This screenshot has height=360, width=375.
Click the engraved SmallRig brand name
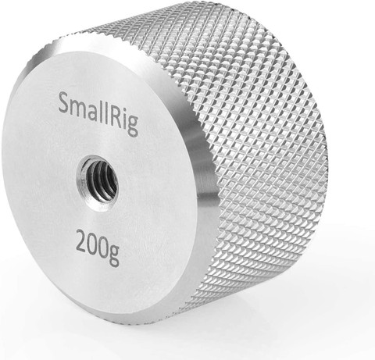(x=98, y=114)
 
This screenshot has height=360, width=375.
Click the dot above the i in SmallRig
(x=124, y=109)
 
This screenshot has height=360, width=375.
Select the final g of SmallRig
(x=133, y=126)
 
